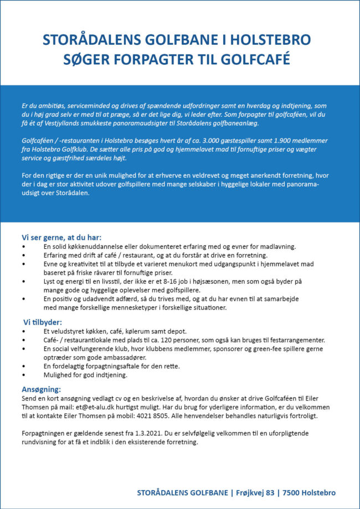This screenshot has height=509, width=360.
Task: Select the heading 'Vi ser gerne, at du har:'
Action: coord(61,237)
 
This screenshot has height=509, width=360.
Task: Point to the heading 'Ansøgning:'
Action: coord(41,389)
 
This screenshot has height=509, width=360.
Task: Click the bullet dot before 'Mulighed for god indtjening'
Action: coord(23,375)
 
